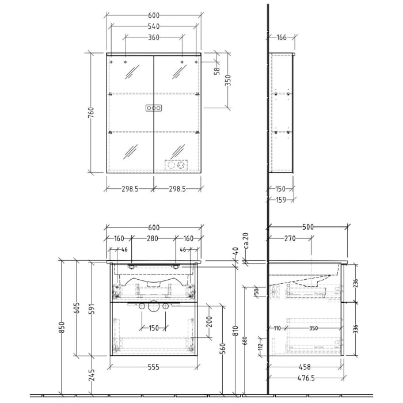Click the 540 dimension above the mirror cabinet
[x=154, y=26]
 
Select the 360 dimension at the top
[x=154, y=38]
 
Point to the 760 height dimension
[x=91, y=113]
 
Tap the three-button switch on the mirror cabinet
[x=154, y=108]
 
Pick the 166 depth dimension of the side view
[x=281, y=38]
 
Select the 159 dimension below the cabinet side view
[x=281, y=200]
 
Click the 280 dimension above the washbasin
[x=154, y=238]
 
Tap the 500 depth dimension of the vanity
[x=308, y=227]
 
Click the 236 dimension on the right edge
[x=355, y=283]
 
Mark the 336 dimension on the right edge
[x=355, y=329]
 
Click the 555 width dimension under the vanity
[x=154, y=367]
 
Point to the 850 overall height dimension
[x=62, y=326]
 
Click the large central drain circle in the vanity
[x=154, y=307]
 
